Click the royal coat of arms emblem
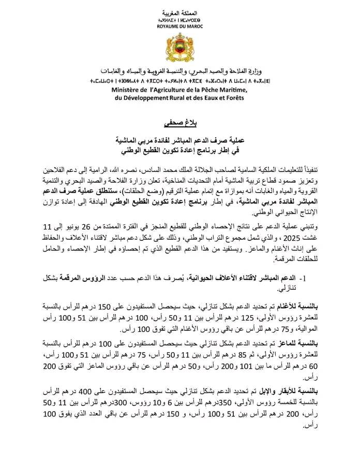pos(180,50)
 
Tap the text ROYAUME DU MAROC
pos(180,25)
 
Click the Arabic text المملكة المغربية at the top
pos(180,12)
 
